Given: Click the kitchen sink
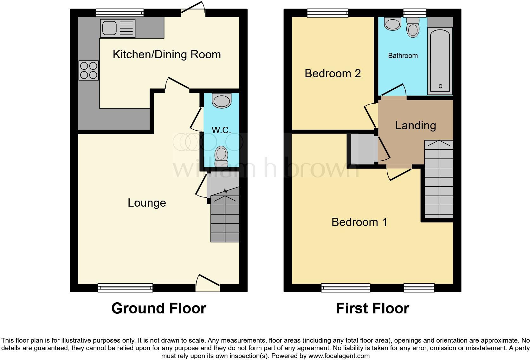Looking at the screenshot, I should click(118, 28).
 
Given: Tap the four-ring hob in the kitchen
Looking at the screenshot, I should click(89, 70).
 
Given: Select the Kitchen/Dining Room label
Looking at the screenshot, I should click(167, 55).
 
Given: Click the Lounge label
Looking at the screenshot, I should click(147, 203).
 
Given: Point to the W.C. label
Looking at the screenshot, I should click(221, 130).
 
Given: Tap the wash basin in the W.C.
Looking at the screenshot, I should click(222, 100).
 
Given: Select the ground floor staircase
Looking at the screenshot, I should click(225, 219).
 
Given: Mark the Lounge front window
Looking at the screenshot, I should click(125, 288).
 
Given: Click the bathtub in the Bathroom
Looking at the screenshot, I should click(440, 60).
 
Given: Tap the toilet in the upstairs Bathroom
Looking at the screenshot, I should click(413, 28).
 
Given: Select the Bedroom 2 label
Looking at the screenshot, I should click(333, 74).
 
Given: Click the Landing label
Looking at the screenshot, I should click(415, 125).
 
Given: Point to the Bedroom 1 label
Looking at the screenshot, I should click(359, 222).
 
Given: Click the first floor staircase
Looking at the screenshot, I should click(439, 179).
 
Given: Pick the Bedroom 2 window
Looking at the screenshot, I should click(328, 13).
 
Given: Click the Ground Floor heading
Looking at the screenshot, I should click(158, 308).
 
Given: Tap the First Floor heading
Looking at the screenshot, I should click(372, 308).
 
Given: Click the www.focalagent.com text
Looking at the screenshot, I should click(339, 356).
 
